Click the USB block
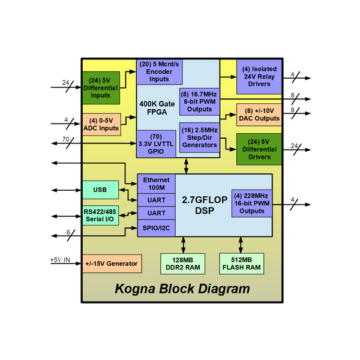pos(101,190)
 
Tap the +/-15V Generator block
pos(111,263)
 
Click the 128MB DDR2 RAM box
pos(183,263)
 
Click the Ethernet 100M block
pos(156,184)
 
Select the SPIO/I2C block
pos(156,229)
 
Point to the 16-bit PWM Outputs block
pos(251,203)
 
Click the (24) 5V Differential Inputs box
pos(101,87)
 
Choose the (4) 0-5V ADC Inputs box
pos(101,124)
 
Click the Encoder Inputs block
pos(159,71)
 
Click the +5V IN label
pos(60,260)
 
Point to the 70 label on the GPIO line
pos(65,139)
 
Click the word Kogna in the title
pos(137,289)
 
